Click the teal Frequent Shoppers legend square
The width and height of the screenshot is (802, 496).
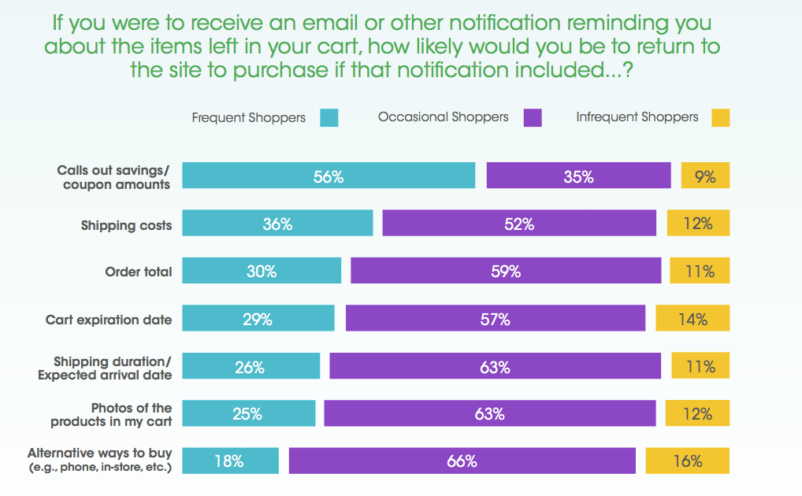click(x=329, y=118)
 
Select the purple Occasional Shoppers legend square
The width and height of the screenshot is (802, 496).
click(x=533, y=118)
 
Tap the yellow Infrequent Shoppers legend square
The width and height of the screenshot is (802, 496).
click(x=720, y=118)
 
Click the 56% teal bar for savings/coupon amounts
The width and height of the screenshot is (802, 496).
click(x=329, y=176)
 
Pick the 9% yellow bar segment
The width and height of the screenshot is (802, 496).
click(x=705, y=176)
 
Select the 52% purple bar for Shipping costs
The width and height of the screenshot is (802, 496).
click(x=519, y=224)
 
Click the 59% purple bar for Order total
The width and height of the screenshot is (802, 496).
click(x=506, y=271)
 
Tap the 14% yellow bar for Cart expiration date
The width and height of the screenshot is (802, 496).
click(x=692, y=318)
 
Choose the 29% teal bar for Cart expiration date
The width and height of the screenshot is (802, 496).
click(x=258, y=318)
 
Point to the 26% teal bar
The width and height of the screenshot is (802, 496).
click(x=251, y=366)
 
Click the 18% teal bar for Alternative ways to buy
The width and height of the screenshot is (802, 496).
click(x=230, y=461)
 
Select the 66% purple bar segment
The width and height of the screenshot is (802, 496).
click(x=462, y=461)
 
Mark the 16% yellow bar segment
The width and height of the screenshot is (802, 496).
click(x=687, y=461)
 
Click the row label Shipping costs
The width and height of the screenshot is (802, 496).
click(x=126, y=225)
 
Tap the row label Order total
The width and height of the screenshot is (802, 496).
click(x=138, y=272)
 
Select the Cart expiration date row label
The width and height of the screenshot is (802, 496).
click(x=109, y=320)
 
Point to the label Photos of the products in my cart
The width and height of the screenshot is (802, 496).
click(x=111, y=414)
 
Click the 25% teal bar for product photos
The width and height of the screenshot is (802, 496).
click(x=248, y=413)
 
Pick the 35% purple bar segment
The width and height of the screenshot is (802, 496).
click(x=578, y=176)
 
